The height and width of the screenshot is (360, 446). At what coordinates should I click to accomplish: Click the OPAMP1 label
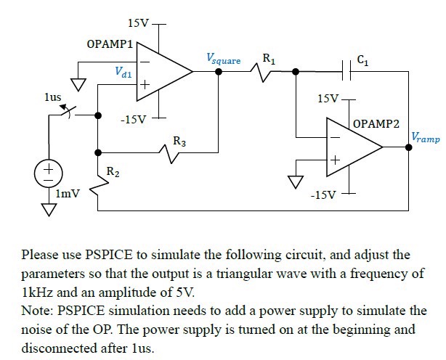(x=110, y=45)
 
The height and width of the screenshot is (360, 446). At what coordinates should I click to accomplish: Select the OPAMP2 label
(x=376, y=124)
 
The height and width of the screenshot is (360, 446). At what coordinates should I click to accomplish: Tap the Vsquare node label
(x=223, y=59)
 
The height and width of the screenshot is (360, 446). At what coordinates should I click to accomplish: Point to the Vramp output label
(x=425, y=136)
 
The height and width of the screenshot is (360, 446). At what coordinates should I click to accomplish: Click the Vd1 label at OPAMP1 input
(x=123, y=72)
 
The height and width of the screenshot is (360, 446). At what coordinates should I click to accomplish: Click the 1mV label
(x=68, y=195)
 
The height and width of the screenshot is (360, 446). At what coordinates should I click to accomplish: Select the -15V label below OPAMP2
(x=323, y=195)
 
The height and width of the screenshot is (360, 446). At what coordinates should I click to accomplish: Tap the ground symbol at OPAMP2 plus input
(x=295, y=181)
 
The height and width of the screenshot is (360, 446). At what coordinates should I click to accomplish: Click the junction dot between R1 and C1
(x=296, y=71)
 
